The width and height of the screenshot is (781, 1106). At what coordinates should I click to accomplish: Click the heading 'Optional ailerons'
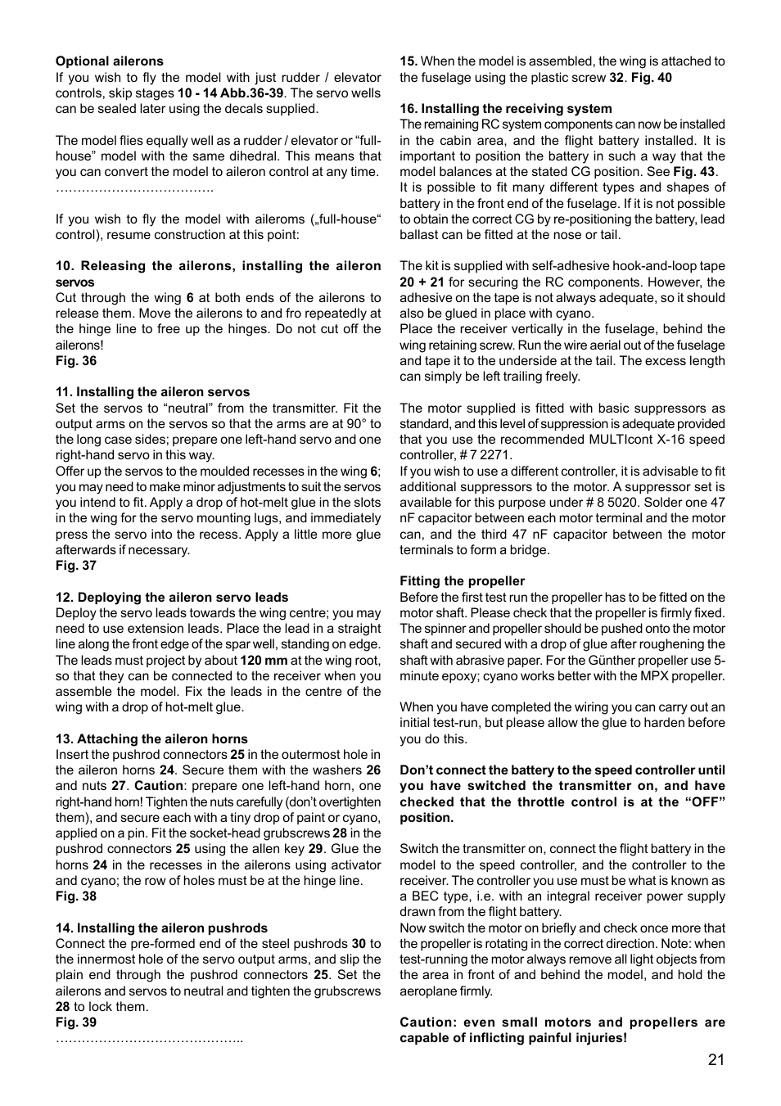(110, 61)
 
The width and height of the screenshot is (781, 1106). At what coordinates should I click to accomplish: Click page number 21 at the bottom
(716, 1060)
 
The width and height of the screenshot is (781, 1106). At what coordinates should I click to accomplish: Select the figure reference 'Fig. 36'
(76, 361)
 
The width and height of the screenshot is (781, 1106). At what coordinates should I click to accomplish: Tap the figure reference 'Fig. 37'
(76, 566)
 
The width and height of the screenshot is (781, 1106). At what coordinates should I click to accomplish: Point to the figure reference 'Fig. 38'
(76, 896)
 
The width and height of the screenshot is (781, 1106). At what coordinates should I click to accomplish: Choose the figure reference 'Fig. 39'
(76, 1022)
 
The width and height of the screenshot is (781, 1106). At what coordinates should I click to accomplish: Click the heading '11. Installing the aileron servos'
(153, 392)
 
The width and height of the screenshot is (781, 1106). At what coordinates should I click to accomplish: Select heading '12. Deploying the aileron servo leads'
(172, 598)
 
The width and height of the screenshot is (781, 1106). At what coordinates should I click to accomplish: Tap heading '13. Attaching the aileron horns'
(151, 739)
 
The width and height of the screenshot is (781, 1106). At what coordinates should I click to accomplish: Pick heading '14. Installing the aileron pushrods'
(161, 928)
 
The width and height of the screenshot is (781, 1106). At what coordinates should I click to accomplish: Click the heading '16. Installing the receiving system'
(506, 109)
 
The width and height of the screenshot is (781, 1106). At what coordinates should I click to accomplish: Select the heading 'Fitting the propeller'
(463, 581)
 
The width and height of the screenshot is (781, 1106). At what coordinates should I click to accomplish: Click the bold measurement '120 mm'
(264, 661)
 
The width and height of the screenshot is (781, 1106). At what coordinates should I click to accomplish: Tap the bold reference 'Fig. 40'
(652, 78)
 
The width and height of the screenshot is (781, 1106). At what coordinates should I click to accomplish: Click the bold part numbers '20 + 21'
(422, 282)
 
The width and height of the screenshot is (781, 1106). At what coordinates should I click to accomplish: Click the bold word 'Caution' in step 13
(159, 786)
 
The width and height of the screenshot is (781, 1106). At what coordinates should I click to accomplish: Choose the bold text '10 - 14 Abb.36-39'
(231, 93)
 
